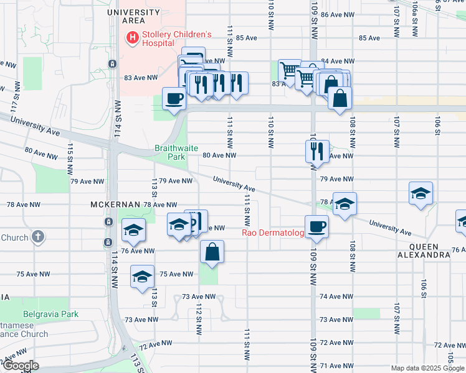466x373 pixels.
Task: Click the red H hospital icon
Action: click(132, 39)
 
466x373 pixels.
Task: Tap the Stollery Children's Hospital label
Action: click(177, 39)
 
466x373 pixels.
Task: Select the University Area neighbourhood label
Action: click(133, 16)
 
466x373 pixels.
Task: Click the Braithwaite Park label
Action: click(170, 153)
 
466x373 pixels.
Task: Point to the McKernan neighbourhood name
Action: click(115, 205)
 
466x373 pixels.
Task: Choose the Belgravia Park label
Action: click(50, 315)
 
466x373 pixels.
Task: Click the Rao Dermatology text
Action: click(273, 233)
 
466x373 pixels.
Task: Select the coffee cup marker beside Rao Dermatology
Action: click(316, 227)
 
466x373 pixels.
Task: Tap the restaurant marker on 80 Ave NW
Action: click(317, 151)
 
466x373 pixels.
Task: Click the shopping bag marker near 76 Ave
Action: click(212, 252)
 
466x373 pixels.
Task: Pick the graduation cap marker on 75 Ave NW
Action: click(142, 276)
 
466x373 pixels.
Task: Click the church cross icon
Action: click(38, 237)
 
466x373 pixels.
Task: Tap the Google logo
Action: click(21, 366)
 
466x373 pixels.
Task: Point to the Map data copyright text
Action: click(427, 368)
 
